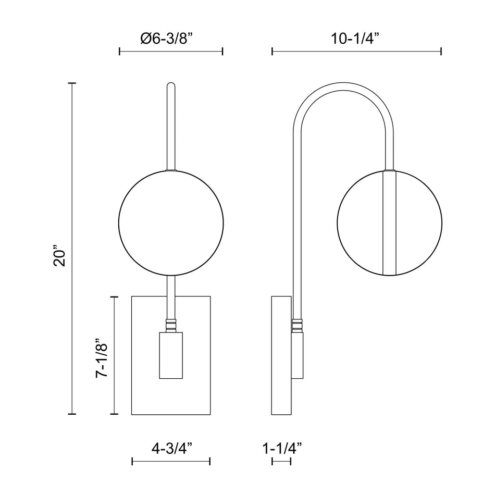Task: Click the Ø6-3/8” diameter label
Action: [166, 39]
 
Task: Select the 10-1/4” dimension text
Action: [354, 39]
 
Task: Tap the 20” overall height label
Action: [59, 255]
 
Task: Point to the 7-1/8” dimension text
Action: [102, 358]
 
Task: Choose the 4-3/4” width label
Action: [172, 448]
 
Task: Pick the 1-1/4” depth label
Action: [282, 448]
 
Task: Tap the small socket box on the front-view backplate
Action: [171, 355]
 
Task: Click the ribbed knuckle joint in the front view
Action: [171, 326]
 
